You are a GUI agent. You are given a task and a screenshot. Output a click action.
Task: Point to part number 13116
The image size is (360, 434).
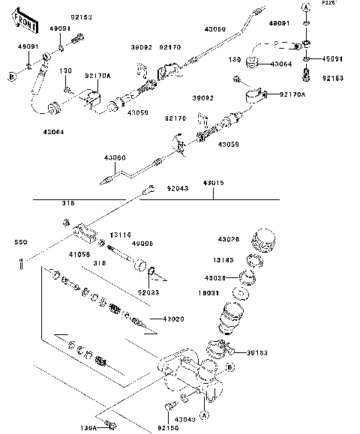point(121,234)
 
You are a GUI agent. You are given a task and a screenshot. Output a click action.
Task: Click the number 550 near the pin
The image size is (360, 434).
point(21,243)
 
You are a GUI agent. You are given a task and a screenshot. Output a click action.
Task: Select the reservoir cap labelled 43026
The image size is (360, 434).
point(265,241)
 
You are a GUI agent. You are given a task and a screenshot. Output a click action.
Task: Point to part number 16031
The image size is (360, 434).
point(228,293)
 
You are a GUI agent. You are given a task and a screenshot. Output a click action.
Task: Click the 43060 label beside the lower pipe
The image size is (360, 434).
point(115,157)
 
